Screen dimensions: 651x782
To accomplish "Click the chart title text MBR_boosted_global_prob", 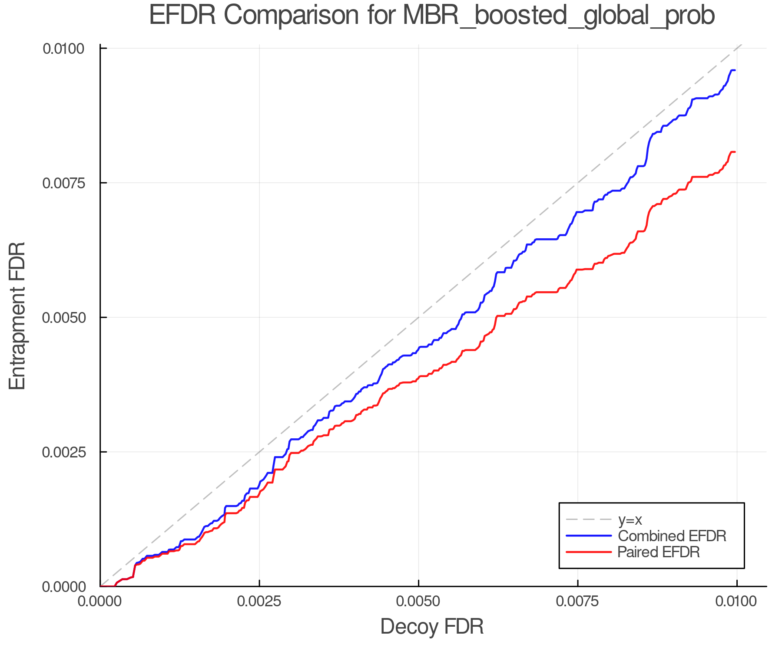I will (559, 16).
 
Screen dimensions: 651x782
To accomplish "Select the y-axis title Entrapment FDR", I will (17, 316).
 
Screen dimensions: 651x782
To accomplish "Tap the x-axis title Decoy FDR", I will (432, 627).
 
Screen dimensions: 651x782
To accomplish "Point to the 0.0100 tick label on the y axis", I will (63, 49).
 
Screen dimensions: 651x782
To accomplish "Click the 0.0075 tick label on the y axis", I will (63, 183).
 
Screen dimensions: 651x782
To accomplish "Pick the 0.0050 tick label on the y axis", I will (63, 318).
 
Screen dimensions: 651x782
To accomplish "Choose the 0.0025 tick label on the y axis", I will (63, 452).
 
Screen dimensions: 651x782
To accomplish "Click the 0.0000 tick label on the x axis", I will (100, 602).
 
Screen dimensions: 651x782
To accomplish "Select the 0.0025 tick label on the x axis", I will (259, 602).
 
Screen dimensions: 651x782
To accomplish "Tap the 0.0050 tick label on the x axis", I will (418, 602).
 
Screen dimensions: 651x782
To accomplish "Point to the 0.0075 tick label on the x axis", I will (577, 602).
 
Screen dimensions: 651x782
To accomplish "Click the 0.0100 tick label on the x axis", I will (736, 602).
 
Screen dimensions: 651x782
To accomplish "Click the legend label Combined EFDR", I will (672, 536).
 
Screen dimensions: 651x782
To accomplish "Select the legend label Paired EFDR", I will (659, 552).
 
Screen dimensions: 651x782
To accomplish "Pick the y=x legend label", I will (630, 519).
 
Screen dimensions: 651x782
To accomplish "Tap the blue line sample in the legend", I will (589, 536).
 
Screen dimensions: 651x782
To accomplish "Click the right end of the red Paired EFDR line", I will (734, 152).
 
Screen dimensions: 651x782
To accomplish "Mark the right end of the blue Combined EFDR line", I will (734, 70).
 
